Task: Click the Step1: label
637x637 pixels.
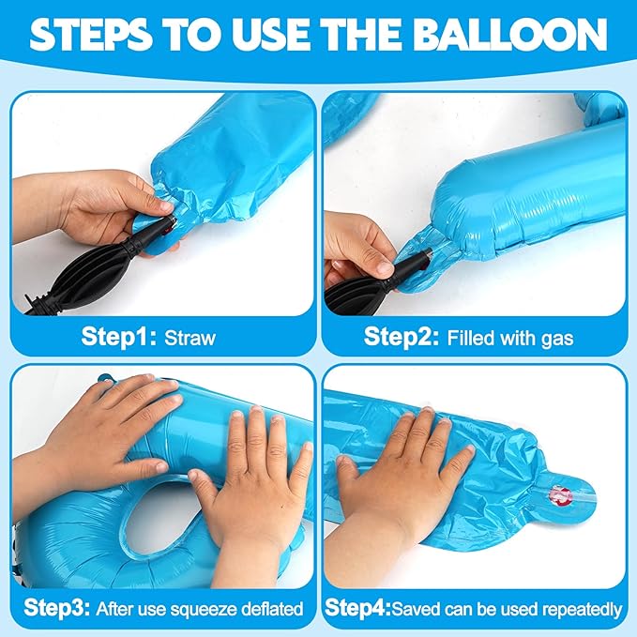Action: coord(118,337)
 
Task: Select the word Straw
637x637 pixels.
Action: coord(190,338)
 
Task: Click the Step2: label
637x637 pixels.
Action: coord(402,337)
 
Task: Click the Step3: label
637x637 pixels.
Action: coord(56,608)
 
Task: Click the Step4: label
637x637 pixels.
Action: coord(357,608)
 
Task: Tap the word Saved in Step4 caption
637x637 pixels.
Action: coord(416,609)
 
